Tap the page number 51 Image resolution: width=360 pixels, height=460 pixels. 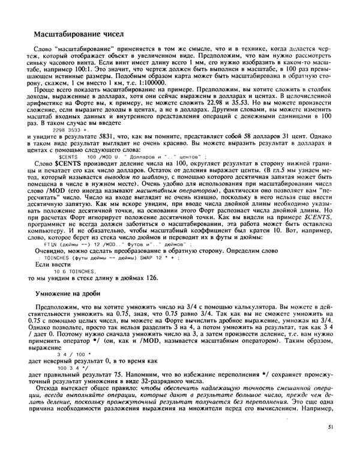point(332,443)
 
